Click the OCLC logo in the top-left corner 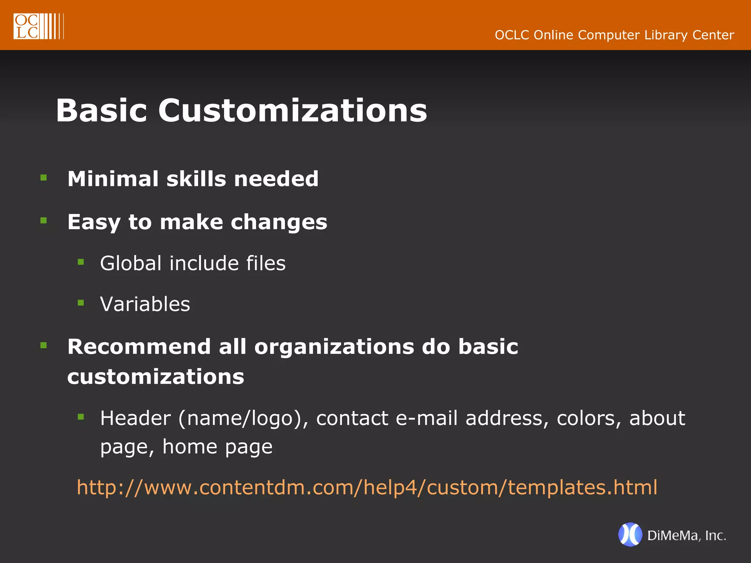pos(39,26)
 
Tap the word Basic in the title pos(101,110)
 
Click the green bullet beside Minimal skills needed pos(44,178)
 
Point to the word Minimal pos(113,179)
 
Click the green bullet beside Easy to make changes pos(44,221)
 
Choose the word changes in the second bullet pos(279,222)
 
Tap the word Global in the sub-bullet pos(131,263)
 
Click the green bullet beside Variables pos(81,303)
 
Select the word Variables pos(145,304)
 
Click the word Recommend pos(139,347)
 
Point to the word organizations pos(334,347)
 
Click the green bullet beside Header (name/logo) pos(81,417)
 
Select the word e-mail pos(426,418)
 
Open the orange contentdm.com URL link pos(367,487)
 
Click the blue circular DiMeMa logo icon pos(630,534)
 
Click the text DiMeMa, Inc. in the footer pos(686,536)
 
